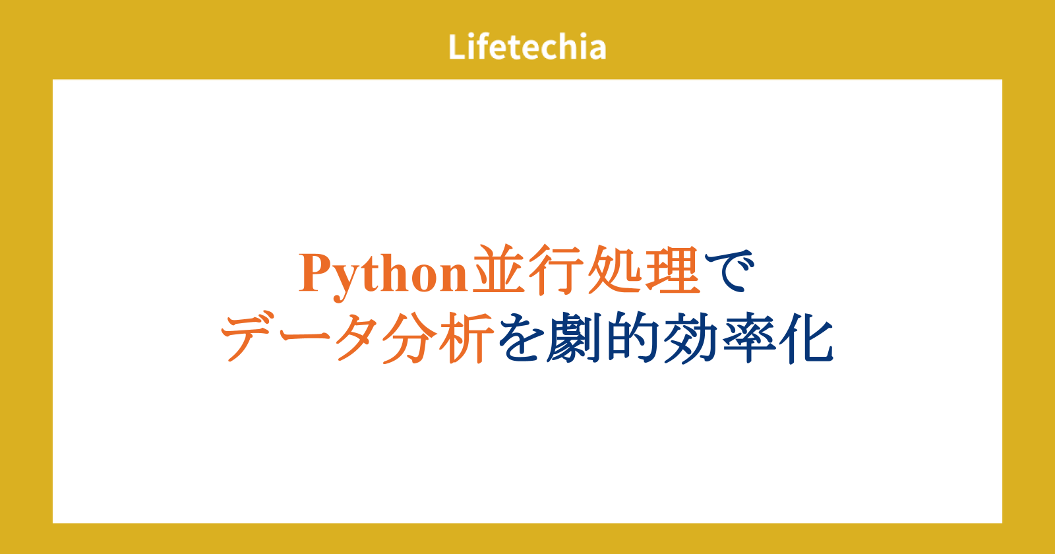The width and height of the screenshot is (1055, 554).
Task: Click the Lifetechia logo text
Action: coord(527,47)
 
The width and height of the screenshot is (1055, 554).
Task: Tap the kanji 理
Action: coord(673,270)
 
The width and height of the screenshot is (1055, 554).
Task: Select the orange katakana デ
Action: coord(249,336)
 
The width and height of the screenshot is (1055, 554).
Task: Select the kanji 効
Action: coord(689,337)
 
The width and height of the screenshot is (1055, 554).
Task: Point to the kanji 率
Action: coord(749,337)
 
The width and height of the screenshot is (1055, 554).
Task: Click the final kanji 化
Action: coord(806,337)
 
